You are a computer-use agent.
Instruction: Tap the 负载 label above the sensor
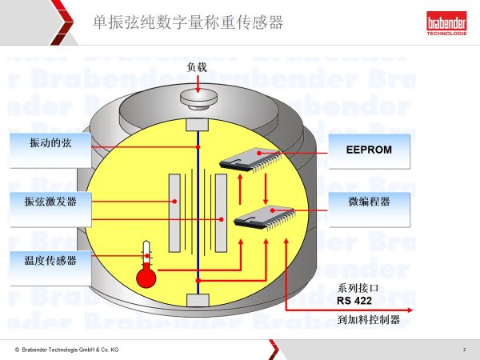click(x=197, y=68)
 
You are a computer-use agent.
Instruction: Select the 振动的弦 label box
click(x=46, y=142)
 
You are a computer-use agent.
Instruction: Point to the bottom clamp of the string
click(x=198, y=299)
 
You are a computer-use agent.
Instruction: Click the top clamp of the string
click(x=198, y=125)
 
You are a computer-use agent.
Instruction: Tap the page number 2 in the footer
click(x=464, y=350)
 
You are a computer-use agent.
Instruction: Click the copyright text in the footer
click(x=67, y=350)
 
